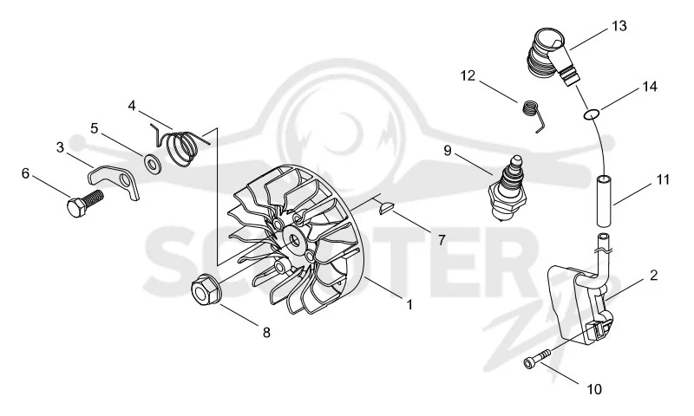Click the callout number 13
pos(619,26)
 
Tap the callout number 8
pos(266,333)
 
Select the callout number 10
pos(594,389)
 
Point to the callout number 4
pos(132,106)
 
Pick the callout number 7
pos(442,239)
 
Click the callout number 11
pos(663,180)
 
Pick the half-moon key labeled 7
pos(384,207)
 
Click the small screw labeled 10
pos(536,357)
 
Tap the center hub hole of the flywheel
pos(293,242)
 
